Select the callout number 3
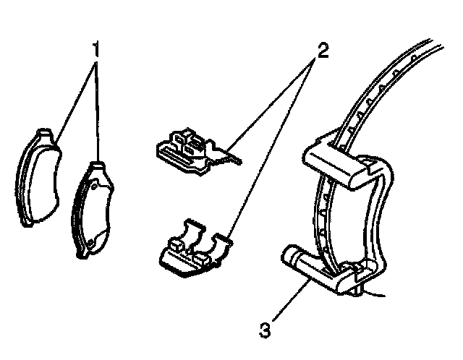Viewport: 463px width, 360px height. pyautogui.click(x=266, y=330)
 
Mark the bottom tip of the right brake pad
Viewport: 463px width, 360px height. pyautogui.click(x=82, y=252)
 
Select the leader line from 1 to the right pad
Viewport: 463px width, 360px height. pyautogui.click(x=97, y=108)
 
